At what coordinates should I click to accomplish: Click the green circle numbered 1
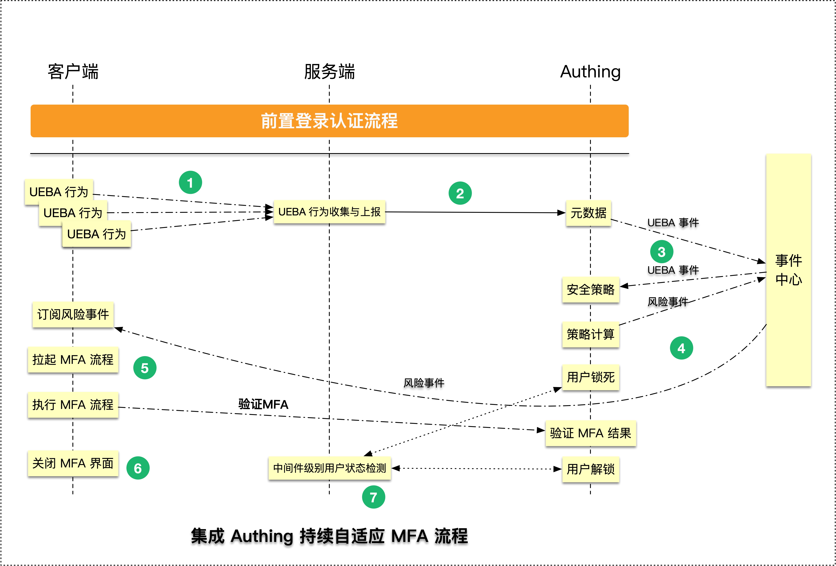pos(190,182)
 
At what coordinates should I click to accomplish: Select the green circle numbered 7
pos(373,497)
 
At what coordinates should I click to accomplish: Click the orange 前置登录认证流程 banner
pos(329,121)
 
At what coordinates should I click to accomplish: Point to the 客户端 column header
pos(73,71)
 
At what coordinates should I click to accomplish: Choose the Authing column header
pos(590,71)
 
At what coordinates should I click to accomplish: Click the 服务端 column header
pos(329,71)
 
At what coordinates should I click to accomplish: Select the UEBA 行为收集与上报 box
pos(329,212)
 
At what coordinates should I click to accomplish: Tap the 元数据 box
pos(588,213)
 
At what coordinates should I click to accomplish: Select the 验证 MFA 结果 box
pos(590,433)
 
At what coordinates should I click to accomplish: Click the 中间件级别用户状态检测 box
pos(329,468)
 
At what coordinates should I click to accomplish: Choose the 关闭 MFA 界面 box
pos(73,463)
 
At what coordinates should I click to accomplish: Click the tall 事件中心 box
pos(788,270)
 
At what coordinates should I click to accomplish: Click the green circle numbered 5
pos(145,368)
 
